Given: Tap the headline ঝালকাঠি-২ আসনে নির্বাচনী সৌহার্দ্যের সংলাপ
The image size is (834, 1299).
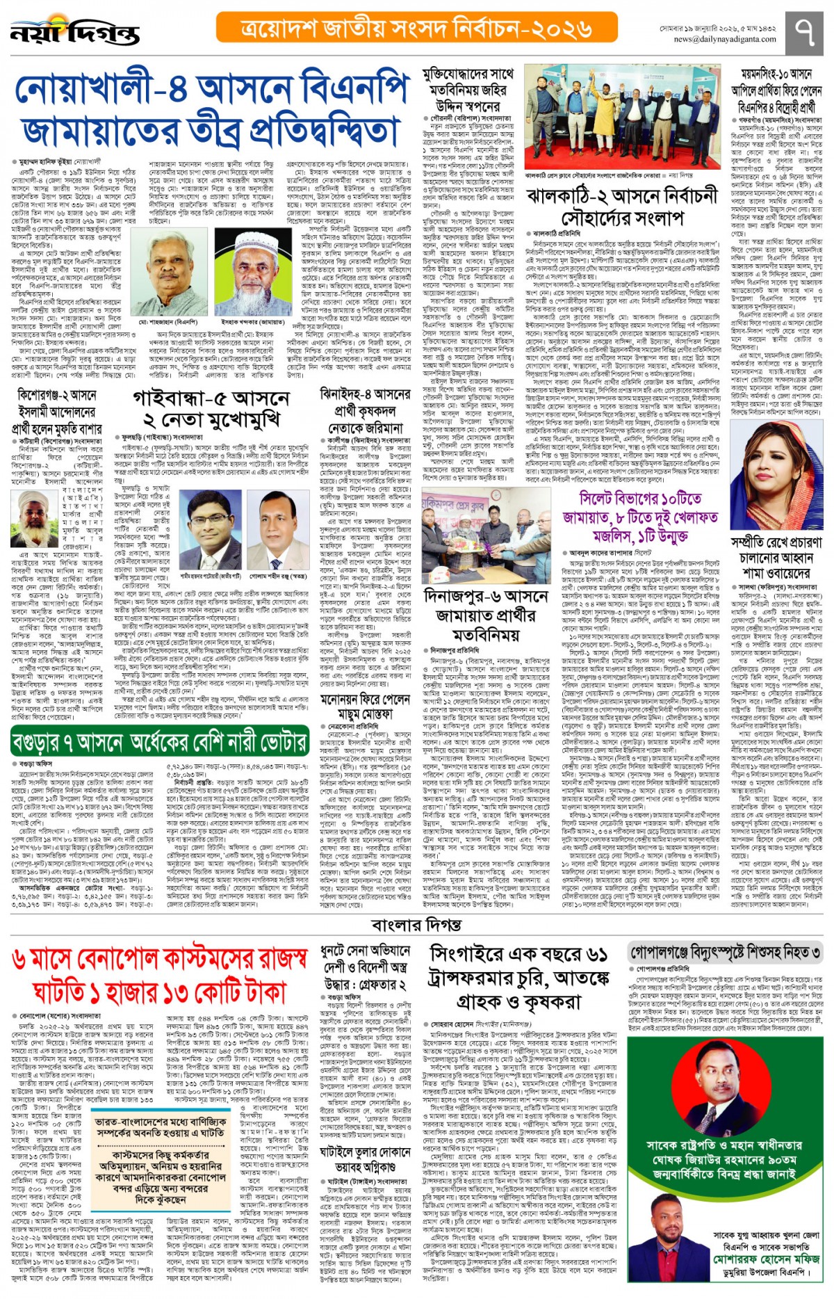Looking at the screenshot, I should [x=621, y=207].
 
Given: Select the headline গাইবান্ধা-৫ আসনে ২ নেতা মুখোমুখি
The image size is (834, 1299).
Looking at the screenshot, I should [x=211, y=409].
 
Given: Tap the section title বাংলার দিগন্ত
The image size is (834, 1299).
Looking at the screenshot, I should [x=416, y=925].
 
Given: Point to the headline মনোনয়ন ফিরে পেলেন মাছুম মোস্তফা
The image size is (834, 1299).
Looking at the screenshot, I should [x=365, y=707].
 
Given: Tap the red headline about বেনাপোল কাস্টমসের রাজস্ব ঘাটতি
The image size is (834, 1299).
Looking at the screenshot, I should [x=160, y=975].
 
